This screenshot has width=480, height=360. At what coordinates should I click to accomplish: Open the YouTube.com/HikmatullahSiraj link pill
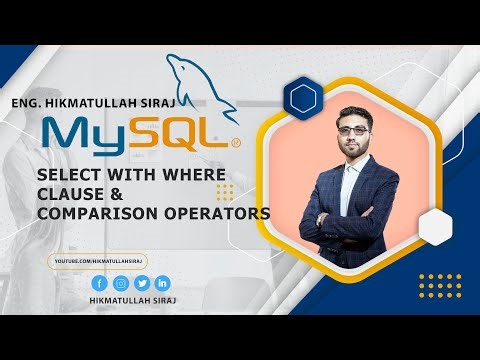97,261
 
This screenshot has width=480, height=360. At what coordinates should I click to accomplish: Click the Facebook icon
99,284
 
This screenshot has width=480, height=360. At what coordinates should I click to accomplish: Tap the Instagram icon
120,284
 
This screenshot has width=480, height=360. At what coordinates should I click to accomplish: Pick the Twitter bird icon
141,284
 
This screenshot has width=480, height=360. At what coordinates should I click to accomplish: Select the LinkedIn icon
162,284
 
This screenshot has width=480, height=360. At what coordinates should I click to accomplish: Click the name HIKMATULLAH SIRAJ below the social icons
130,304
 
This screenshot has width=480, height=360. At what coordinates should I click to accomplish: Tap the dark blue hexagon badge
301,97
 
